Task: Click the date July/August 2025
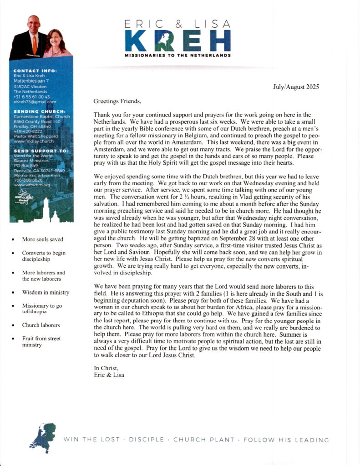coord(296,86)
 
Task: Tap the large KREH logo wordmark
coord(177,41)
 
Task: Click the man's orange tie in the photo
coord(35,44)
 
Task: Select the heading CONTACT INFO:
coord(35,71)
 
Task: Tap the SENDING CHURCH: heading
coord(40,111)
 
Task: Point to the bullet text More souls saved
coord(42,239)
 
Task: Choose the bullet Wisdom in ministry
coord(46,292)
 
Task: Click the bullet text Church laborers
coord(41,325)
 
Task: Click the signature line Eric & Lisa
coord(109,375)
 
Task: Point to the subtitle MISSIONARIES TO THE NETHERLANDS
coord(177,56)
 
